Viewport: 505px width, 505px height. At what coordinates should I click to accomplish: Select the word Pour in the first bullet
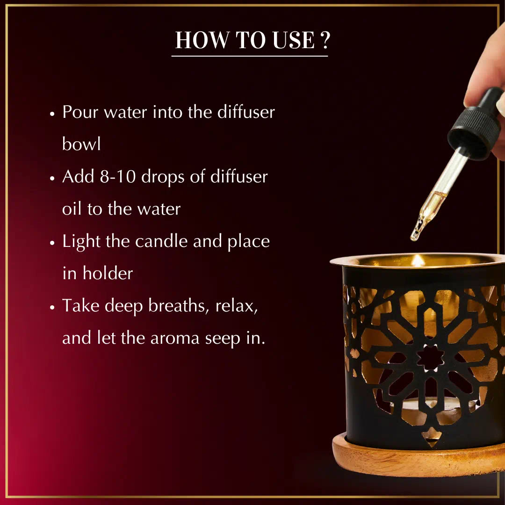coord(80,112)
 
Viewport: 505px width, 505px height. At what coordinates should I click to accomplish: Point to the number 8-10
coord(117,176)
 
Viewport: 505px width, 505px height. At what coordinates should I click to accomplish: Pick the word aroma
coord(175,339)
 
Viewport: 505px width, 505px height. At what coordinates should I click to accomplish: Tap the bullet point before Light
coord(52,243)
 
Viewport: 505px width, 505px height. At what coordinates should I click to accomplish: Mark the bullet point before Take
coord(52,307)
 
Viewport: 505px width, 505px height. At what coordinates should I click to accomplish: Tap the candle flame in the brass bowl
coord(418,260)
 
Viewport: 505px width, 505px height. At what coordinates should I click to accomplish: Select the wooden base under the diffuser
coord(418,457)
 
